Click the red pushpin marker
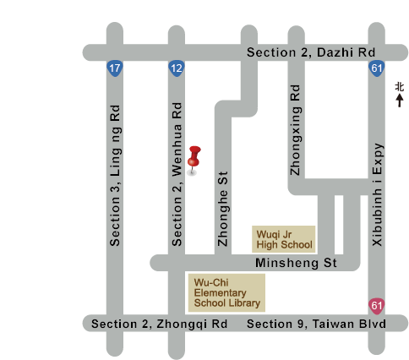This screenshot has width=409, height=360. point(194,160)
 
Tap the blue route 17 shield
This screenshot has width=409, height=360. point(115,68)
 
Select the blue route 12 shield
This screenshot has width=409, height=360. point(177,68)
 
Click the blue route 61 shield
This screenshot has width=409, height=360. point(377,68)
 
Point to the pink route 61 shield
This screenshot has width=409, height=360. point(377,306)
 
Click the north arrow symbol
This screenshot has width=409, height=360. point(400,101)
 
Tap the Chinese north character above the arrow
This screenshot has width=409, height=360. point(400,87)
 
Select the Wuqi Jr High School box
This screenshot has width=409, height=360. point(283,239)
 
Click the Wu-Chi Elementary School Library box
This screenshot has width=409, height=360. point(226,292)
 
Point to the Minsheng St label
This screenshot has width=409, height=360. point(296,263)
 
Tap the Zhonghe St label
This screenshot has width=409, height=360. point(223,209)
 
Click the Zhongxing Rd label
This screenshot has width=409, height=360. point(296,130)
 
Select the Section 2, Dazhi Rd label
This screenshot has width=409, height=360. point(311,52)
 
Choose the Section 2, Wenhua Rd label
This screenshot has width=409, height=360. point(177,174)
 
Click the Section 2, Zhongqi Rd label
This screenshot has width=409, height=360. point(159,324)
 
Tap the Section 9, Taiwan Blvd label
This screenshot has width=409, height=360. point(316,324)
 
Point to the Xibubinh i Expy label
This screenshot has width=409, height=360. point(377,194)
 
